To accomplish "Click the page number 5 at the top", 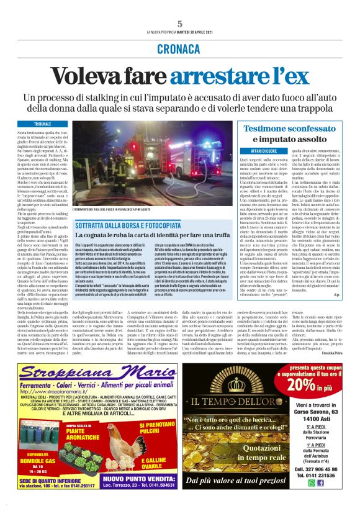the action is pos(179,23).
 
